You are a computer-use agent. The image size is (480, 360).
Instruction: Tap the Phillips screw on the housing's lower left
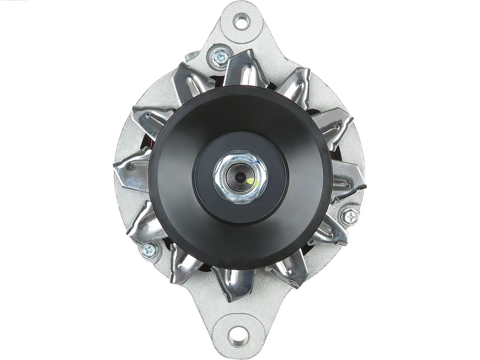click(148, 250)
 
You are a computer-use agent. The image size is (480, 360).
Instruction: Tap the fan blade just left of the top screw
click(187, 80)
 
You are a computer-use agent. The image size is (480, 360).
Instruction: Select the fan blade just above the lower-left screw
click(147, 222)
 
